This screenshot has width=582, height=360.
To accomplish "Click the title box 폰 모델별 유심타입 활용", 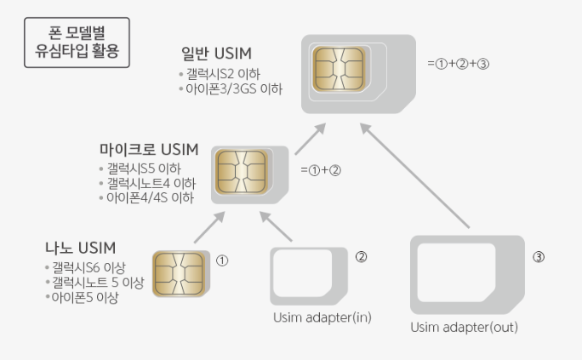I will pos(77,43).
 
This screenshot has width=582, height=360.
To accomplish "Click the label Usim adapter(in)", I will pos(322,318).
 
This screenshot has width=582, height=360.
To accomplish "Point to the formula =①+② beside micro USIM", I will pos(321,169).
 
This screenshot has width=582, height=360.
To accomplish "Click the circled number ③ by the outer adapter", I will pos(538,257).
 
